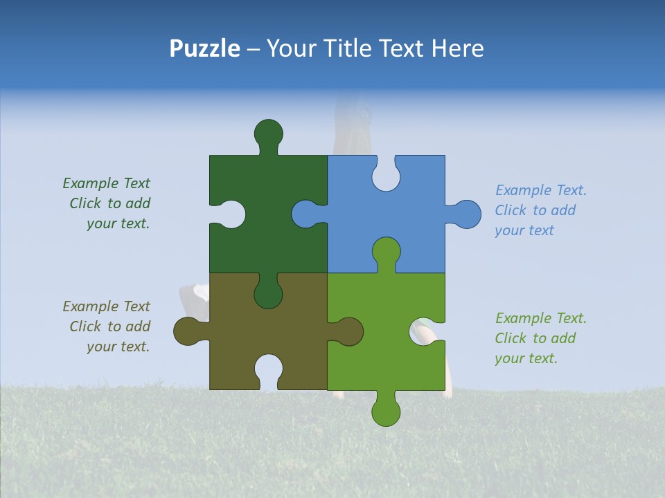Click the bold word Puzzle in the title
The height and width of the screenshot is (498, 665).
(205, 48)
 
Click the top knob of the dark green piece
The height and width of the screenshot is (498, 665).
(269, 133)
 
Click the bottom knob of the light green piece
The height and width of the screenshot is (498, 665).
(386, 410)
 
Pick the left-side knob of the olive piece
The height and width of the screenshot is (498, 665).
(188, 331)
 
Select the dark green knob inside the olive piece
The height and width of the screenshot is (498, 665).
(269, 293)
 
